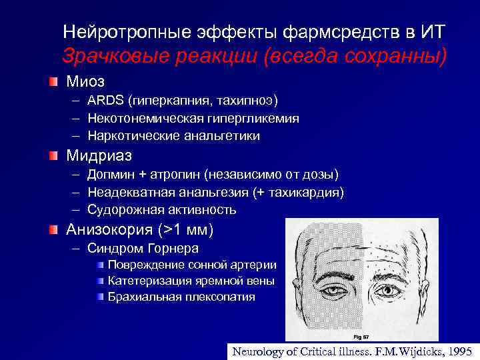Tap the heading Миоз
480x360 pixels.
tap(85, 81)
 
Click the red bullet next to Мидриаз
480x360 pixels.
tap(53, 155)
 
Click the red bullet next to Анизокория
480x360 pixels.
tap(53, 230)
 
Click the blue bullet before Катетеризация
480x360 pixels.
tap(100, 281)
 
